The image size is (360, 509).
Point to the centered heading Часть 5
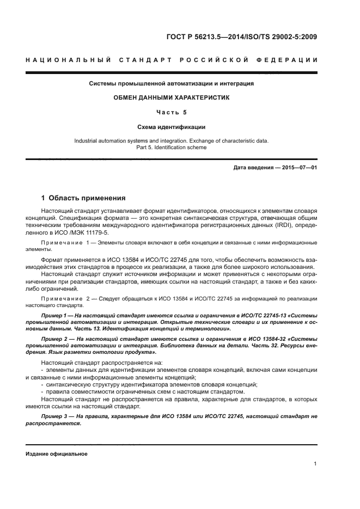172,112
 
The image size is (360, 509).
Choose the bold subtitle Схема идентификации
172,127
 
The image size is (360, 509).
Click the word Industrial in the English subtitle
87,140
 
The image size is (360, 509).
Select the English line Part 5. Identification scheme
172,147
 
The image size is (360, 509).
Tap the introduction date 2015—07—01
298,168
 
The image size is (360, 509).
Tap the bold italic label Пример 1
54,316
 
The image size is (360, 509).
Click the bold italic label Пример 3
54,416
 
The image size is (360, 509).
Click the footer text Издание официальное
57,453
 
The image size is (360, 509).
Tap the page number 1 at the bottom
315,464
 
